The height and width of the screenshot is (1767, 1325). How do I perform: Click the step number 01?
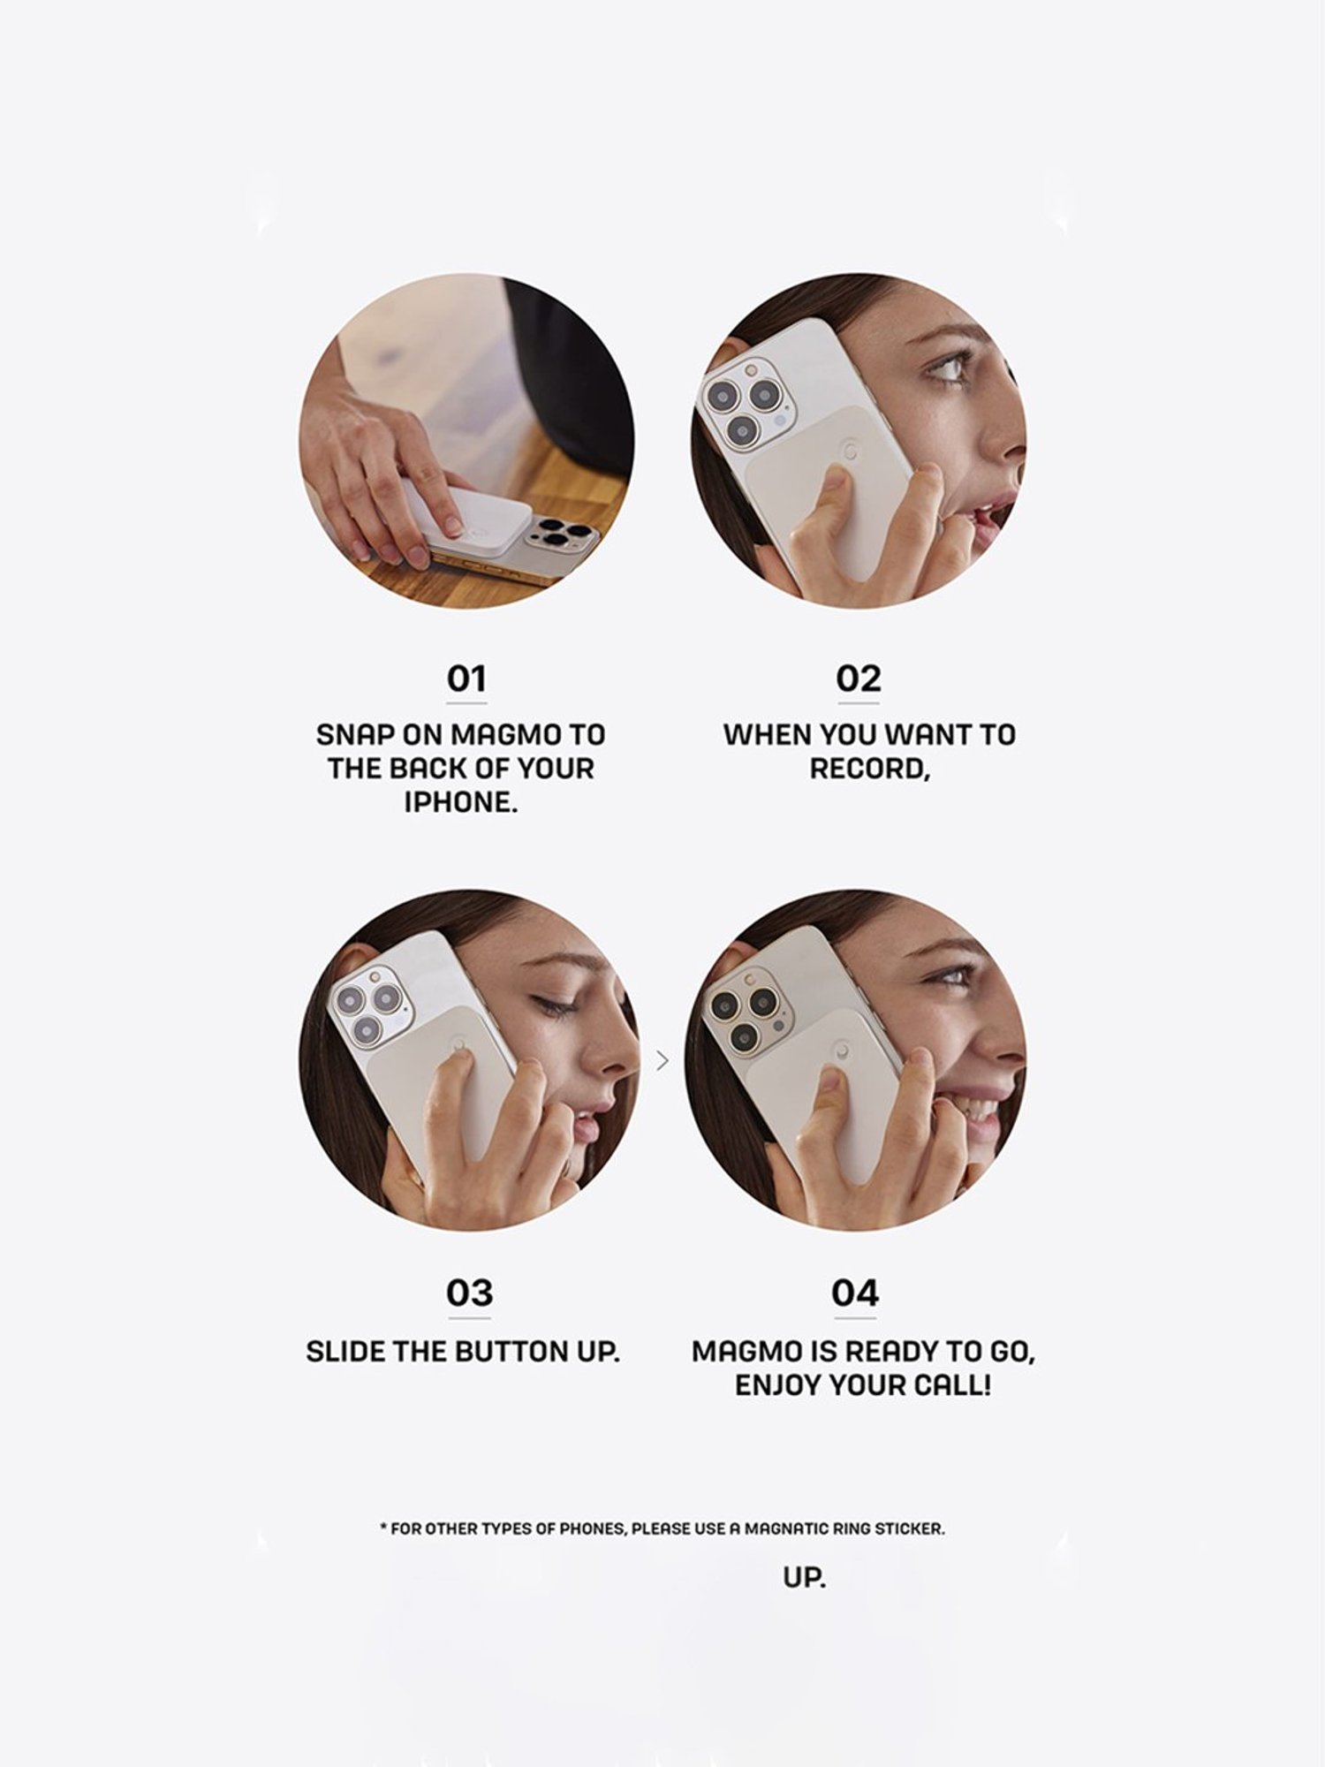(466, 679)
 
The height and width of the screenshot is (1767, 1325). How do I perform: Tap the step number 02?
(859, 679)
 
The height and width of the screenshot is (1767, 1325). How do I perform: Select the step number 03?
(469, 1293)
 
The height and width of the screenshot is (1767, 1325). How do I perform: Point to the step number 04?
(855, 1293)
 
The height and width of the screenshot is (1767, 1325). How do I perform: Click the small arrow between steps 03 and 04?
(662, 1060)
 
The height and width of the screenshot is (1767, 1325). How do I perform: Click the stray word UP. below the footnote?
(804, 1578)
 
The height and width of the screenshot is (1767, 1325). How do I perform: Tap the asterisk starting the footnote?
(383, 1527)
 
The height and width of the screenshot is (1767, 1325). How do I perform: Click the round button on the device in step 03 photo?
(459, 1046)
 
